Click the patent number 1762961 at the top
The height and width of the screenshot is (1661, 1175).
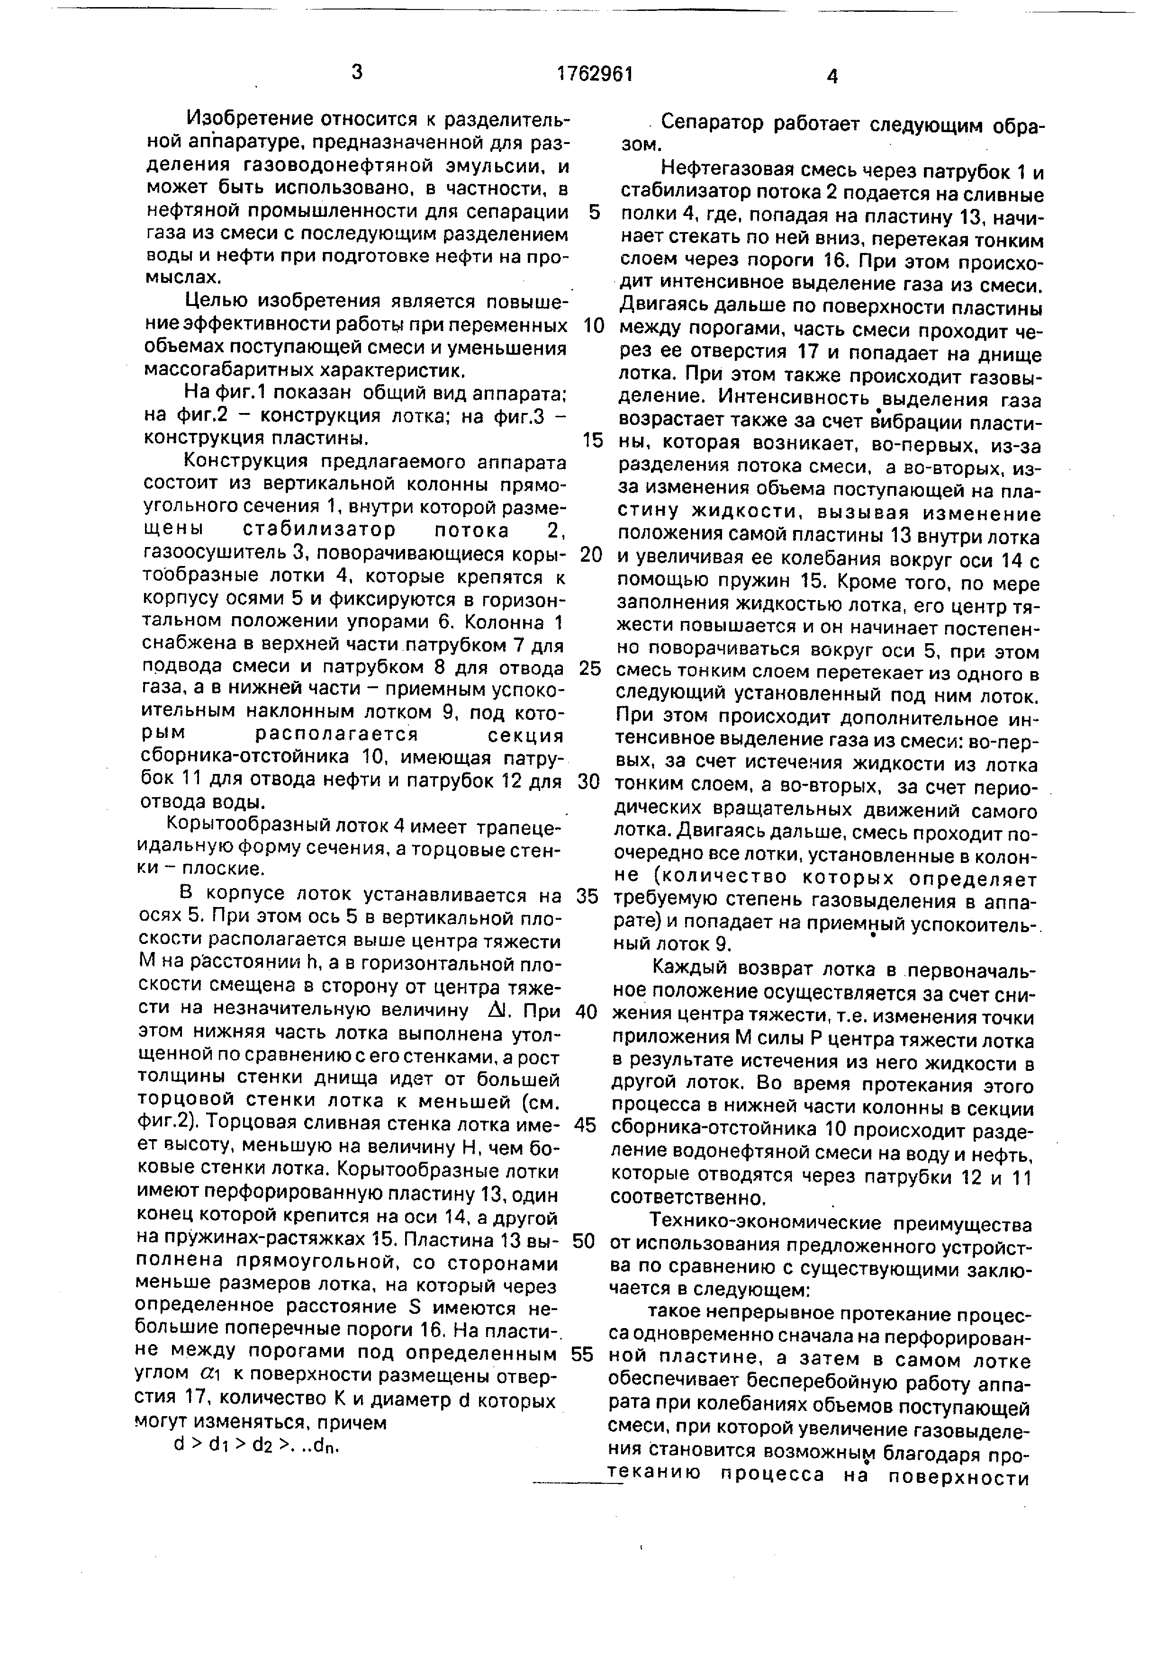[x=595, y=74]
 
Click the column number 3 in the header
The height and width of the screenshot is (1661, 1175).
[x=356, y=72]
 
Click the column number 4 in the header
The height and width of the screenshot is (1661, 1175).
[x=832, y=76]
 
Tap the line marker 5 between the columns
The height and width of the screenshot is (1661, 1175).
[x=594, y=212]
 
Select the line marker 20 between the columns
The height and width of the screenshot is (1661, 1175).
[x=591, y=555]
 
